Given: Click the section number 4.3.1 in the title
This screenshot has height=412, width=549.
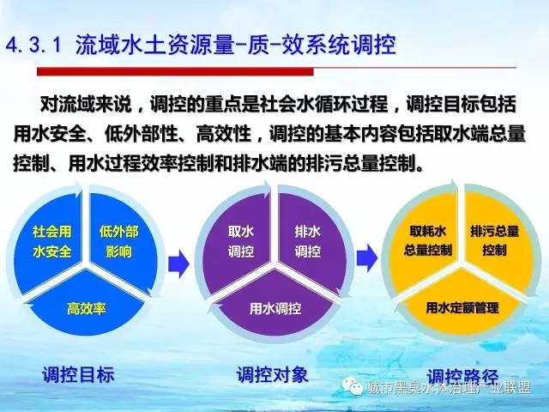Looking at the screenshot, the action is [34, 45].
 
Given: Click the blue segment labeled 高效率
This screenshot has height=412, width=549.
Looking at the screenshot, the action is [86, 306].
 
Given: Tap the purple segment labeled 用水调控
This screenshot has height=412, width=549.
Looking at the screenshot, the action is [275, 306].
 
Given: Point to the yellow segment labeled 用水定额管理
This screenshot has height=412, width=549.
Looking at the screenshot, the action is [462, 306].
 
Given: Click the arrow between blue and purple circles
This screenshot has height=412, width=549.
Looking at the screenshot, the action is [178, 264].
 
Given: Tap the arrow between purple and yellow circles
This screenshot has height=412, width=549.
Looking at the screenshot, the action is [367, 258].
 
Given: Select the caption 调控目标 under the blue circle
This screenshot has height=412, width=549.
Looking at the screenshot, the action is [78, 374].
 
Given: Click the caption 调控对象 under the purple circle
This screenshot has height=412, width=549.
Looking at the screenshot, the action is [273, 374].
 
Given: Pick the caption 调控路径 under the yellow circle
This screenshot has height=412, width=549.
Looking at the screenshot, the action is [462, 377].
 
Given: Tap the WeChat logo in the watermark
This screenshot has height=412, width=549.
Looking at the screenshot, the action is [353, 386].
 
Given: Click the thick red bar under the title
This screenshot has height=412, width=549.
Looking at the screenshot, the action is [175, 72].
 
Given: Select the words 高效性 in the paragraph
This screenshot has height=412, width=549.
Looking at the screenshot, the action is [223, 134].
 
